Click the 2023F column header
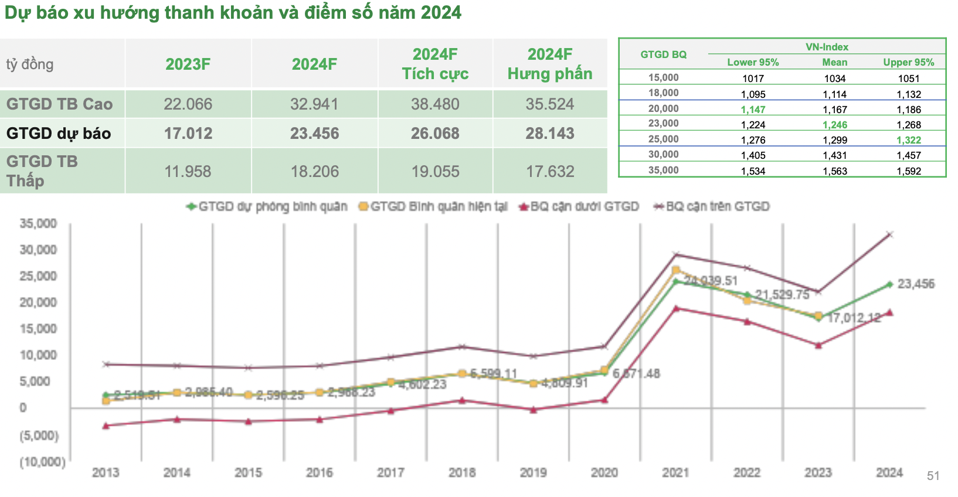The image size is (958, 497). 188,64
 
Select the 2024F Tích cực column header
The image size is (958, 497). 434,64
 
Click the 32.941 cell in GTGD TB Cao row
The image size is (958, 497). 314,104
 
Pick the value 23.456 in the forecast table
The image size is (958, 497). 314,134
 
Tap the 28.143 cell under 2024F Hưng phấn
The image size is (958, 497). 549,134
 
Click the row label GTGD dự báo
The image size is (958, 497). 59,134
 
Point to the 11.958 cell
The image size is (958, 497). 188,172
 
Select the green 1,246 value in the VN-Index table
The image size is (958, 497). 834,125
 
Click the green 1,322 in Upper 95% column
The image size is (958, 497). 908,140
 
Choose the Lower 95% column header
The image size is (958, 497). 753,62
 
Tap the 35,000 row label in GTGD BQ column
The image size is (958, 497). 663,171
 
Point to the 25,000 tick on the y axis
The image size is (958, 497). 38,276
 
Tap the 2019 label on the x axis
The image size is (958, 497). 533,473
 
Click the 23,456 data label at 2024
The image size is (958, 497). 916,284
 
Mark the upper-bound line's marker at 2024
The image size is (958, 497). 889,234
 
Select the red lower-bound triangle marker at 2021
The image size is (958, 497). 676,308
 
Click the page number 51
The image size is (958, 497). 933,476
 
